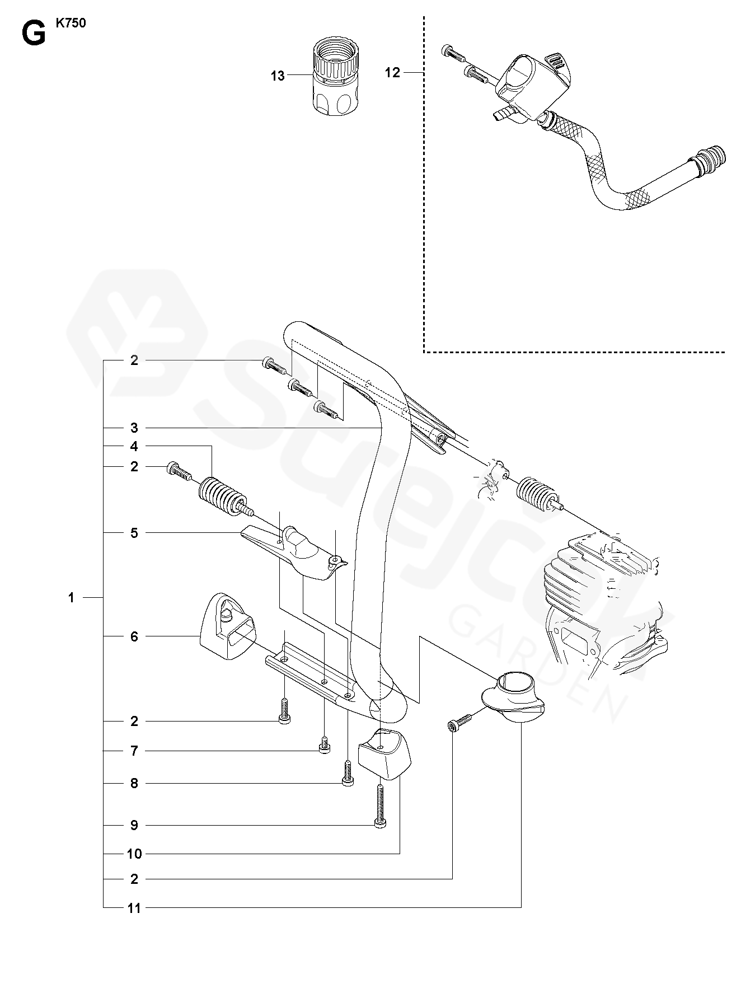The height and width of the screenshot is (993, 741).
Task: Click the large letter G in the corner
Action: (x=33, y=35)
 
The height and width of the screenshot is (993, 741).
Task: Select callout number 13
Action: (x=278, y=76)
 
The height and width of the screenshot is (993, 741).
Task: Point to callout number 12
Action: (x=393, y=72)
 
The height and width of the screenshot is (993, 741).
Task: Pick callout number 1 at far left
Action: (x=71, y=598)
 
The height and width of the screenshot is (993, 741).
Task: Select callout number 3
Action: (x=134, y=428)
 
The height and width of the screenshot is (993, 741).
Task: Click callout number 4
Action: (x=134, y=447)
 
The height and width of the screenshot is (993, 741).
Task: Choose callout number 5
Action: (x=134, y=533)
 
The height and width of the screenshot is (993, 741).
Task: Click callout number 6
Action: (x=134, y=636)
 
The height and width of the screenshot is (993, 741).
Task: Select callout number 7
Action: (x=134, y=751)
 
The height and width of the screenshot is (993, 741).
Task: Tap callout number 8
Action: (x=134, y=784)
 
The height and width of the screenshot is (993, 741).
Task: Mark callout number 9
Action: (x=134, y=825)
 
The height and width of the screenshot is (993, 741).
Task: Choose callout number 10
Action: (x=134, y=854)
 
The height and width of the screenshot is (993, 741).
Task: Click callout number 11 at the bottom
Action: (x=134, y=908)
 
